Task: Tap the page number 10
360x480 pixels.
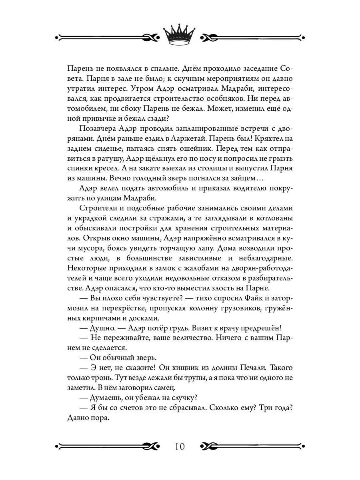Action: (180, 446)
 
